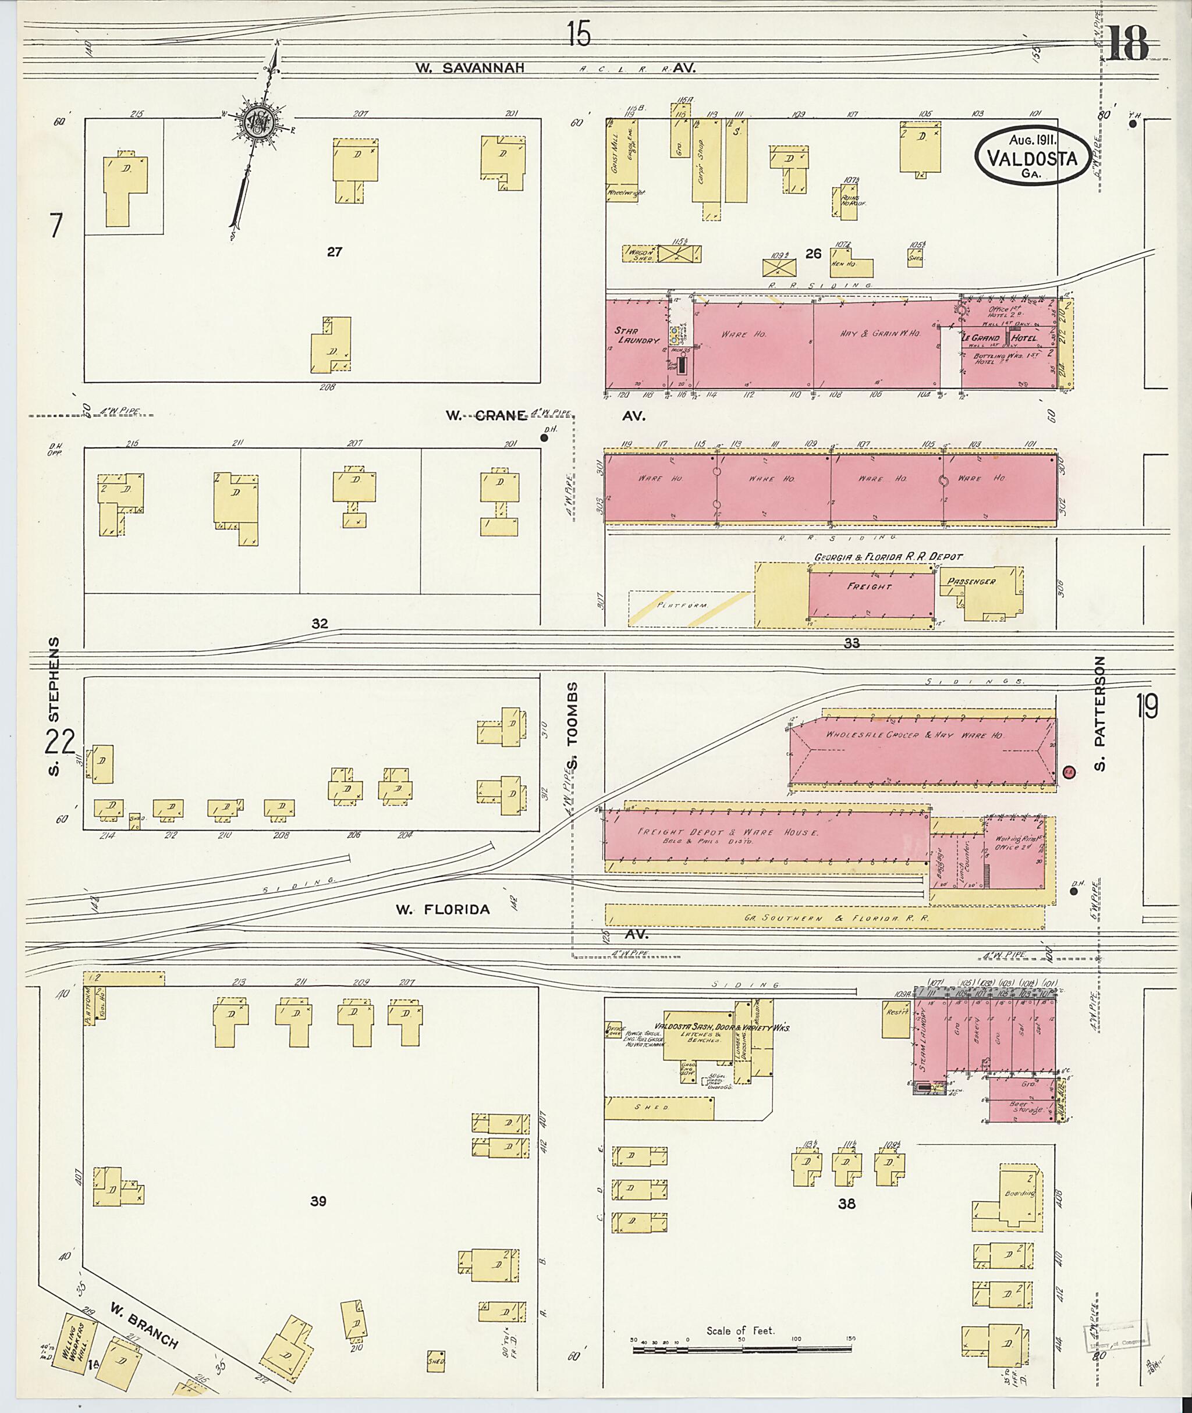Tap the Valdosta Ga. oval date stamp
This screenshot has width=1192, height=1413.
(x=1032, y=155)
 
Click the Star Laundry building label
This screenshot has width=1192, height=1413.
(x=635, y=336)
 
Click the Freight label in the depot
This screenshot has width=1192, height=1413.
(x=869, y=586)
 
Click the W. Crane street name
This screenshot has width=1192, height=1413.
(x=485, y=415)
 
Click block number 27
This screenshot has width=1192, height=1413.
(x=334, y=252)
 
